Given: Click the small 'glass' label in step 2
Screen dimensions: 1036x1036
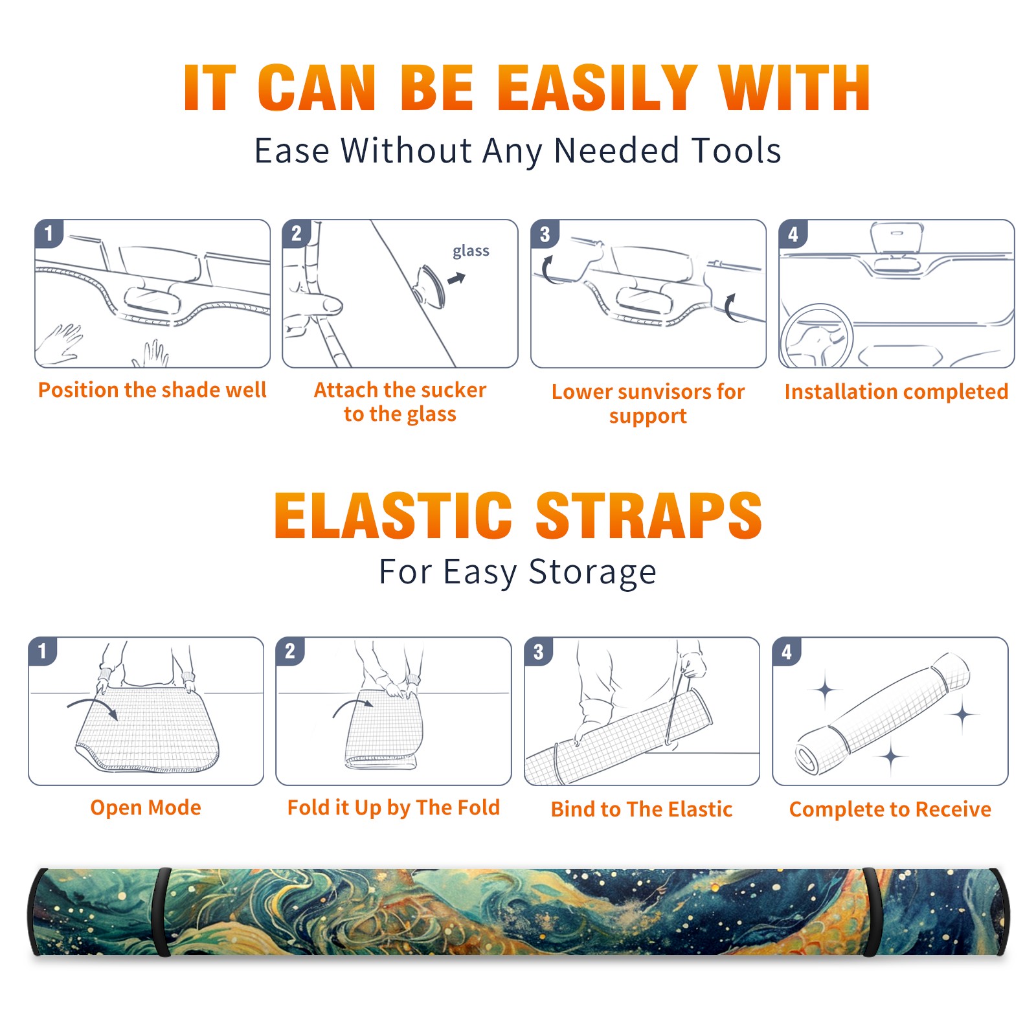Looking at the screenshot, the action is coord(471,251).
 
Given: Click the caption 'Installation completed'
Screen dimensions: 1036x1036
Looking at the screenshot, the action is coord(896,392).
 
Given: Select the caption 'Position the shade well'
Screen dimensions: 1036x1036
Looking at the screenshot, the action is coord(152,390).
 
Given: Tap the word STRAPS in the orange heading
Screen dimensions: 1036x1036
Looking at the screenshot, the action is coord(649,515).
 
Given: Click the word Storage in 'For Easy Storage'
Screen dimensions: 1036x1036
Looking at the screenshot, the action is coord(592,572).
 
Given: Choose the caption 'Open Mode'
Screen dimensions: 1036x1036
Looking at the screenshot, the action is coord(146,807).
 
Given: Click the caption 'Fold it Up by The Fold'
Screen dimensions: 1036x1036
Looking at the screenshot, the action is coord(394,808).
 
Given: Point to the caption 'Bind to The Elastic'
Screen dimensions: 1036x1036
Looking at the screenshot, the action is coord(642,809).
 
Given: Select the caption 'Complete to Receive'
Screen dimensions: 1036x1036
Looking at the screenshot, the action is coord(890,809).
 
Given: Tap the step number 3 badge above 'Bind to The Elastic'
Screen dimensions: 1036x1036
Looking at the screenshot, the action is coord(539,651).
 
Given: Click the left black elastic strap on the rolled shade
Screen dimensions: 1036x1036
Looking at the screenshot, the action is coord(161,912).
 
